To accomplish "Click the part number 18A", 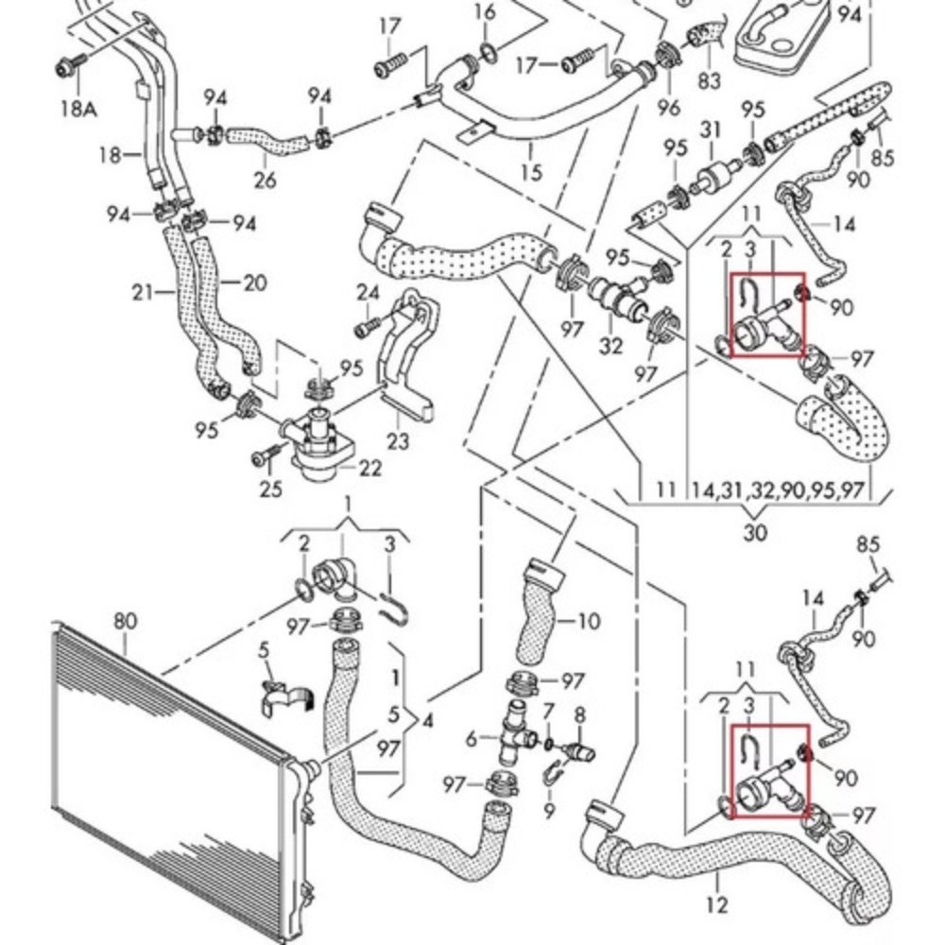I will click(x=79, y=109).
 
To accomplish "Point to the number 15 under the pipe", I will click(x=531, y=172).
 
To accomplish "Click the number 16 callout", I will click(x=485, y=12).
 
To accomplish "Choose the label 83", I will click(x=710, y=81).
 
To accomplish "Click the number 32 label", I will click(x=611, y=345).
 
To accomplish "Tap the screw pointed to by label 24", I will click(x=366, y=328).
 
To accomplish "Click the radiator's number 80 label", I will click(x=125, y=621).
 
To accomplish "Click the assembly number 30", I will click(x=755, y=532).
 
